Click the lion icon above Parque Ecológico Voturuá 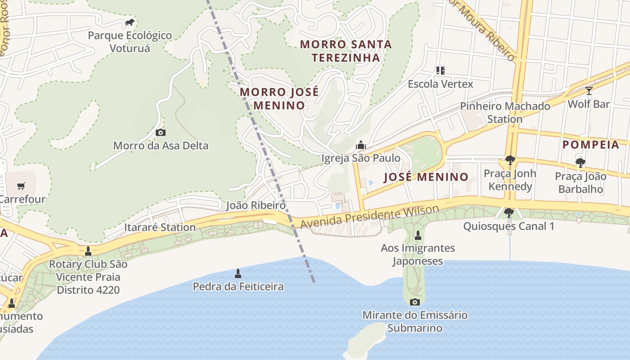[x=130, y=22]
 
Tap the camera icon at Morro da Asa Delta [x=160, y=132]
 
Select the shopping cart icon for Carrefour [x=21, y=186]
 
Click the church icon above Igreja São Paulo [x=360, y=145]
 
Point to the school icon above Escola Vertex [x=440, y=71]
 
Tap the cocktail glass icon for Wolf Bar [x=589, y=91]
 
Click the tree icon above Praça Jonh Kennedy [x=510, y=160]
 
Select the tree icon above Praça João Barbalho [x=580, y=163]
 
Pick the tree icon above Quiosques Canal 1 [x=509, y=213]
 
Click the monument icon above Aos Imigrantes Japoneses [x=418, y=235]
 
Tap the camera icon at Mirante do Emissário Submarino [x=415, y=302]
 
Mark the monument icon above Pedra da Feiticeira [x=238, y=273]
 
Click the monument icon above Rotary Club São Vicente [x=88, y=251]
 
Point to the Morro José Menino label [x=279, y=99]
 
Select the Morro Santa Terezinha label [x=346, y=51]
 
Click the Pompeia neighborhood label [x=591, y=145]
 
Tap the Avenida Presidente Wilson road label [x=369, y=216]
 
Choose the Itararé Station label [x=160, y=227]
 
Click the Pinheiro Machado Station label [x=505, y=112]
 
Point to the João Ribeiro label [x=256, y=206]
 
